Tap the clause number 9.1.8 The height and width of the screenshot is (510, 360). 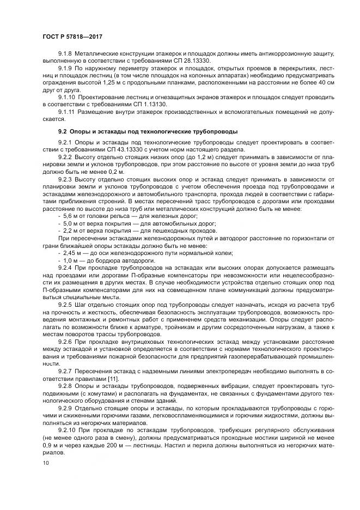65,54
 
